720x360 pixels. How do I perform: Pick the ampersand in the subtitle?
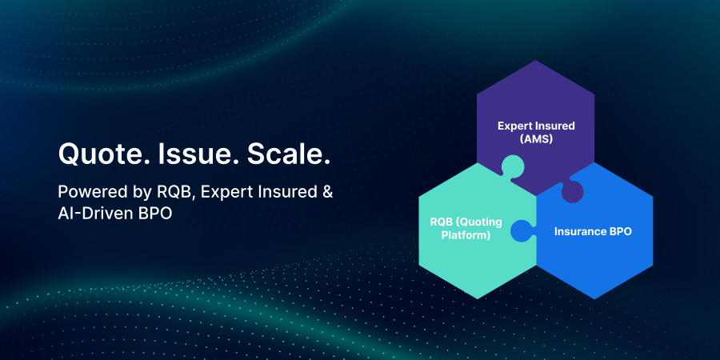tap(327, 192)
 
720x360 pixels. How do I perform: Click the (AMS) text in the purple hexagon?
tap(536, 138)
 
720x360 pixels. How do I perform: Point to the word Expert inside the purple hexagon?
tap(513, 126)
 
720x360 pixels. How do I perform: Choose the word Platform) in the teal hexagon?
tap(466, 236)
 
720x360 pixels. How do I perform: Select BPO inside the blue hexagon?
tap(621, 231)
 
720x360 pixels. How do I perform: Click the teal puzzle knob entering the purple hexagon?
tap(513, 167)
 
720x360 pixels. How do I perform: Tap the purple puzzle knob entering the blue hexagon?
tap(571, 191)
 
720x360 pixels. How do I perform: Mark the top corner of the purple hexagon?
tap(535, 60)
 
